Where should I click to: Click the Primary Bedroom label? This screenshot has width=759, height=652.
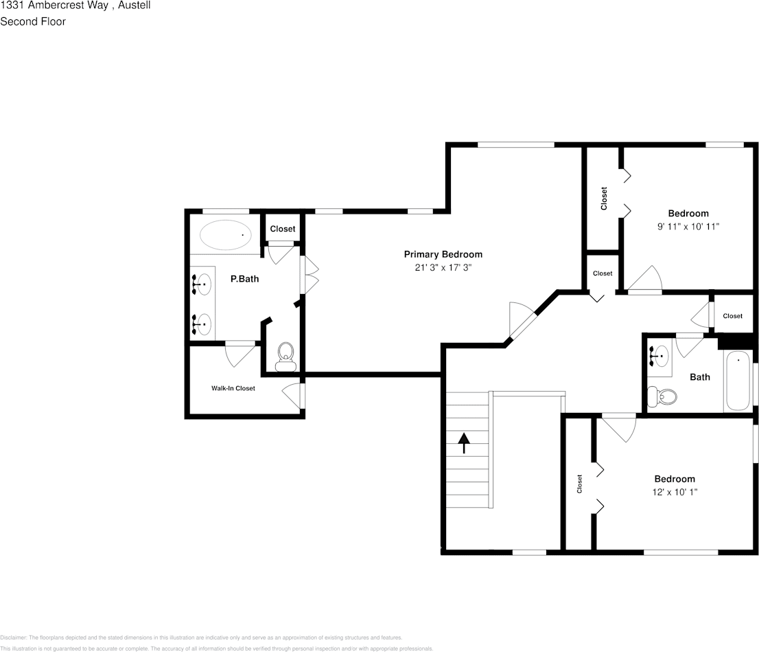pos(443,254)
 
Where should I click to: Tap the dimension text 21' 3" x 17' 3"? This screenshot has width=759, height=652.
pos(443,268)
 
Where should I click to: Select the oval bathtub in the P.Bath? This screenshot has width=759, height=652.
pos(225,235)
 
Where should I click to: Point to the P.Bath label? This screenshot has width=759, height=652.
pos(244,279)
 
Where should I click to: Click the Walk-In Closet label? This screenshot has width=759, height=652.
pos(233,388)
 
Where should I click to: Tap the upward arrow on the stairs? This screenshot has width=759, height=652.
pos(464,442)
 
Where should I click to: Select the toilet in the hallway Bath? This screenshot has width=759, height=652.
pos(662,396)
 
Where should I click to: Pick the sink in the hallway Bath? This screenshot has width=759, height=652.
pos(659,356)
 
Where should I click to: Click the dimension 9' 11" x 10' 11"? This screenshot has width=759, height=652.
pos(688,226)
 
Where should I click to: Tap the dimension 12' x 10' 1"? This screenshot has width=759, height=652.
pos(675,492)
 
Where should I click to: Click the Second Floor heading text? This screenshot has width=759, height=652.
pos(33,21)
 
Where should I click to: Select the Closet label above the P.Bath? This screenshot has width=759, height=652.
pos(282,229)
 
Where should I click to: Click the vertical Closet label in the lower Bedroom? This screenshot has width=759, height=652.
pos(580,484)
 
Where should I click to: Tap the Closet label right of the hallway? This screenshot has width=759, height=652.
pos(732,316)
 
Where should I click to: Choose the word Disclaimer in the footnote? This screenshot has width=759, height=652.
pos(13,638)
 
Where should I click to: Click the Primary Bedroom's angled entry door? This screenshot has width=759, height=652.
pos(523,321)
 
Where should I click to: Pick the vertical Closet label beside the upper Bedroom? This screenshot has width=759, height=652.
pos(604,199)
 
